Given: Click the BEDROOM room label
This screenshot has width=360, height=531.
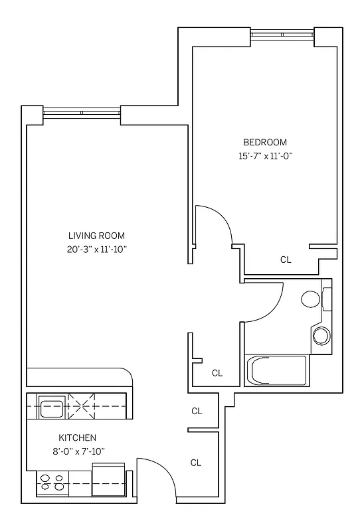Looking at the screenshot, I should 264,142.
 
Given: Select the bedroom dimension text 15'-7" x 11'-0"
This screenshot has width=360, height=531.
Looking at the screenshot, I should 265,157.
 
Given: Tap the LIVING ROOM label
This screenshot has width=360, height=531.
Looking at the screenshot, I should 96,236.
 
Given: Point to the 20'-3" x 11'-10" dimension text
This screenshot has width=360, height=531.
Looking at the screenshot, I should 96,250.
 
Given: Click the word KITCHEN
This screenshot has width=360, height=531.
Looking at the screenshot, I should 78,438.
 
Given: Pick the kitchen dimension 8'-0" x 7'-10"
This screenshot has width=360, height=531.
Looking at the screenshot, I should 78,451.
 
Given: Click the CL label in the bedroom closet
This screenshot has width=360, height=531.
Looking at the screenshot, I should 286,260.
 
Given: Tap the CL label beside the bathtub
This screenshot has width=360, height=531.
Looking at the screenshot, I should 217,373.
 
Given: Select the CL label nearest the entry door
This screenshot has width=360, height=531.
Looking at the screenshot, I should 197,463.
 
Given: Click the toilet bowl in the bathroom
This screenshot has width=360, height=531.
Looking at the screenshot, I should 310,299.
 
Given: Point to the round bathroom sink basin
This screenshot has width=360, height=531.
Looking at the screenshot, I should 321,335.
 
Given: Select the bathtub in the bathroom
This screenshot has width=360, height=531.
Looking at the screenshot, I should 276,370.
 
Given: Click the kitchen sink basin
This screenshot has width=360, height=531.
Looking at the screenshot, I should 52,408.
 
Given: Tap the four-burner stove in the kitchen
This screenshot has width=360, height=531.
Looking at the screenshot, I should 52,483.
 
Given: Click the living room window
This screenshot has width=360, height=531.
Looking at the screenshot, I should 81,113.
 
